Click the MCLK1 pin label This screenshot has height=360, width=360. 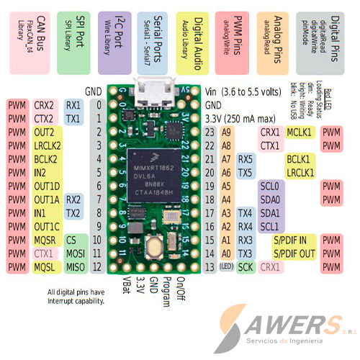point(299,132)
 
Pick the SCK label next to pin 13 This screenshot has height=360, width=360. point(245,266)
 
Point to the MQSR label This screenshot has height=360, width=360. point(44,240)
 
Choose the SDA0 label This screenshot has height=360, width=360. point(270,199)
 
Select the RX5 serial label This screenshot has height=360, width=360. point(245,159)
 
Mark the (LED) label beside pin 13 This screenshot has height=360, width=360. point(226,267)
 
